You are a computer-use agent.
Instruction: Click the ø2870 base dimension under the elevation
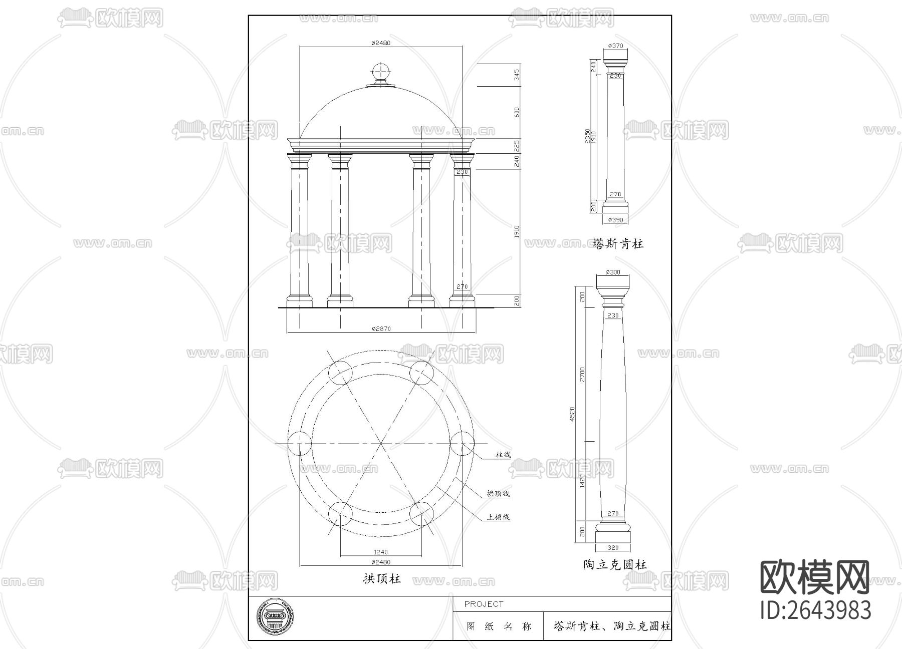pos(381,329)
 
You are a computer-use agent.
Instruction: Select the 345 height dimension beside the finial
pos(517,75)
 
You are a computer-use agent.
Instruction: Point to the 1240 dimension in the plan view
pos(381,552)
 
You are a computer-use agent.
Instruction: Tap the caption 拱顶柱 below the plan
pos(381,579)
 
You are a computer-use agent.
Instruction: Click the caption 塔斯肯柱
pos(617,244)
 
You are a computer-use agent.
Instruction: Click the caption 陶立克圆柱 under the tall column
pos(615,565)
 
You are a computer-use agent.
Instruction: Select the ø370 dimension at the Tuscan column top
pos(615,46)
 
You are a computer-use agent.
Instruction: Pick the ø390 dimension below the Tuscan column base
pos(615,220)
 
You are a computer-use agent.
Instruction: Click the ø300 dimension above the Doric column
pos(612,272)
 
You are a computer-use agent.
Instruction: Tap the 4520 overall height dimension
pos(572,414)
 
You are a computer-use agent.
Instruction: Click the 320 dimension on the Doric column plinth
pos(612,547)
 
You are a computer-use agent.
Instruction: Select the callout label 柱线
pos(503,455)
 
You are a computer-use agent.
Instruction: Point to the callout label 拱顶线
pos(498,494)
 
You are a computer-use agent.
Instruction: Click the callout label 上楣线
pos(498,517)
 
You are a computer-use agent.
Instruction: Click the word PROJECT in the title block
pos(484,604)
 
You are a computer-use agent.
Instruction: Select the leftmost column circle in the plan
pos(300,443)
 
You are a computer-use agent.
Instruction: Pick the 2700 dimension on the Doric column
pos(582,374)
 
